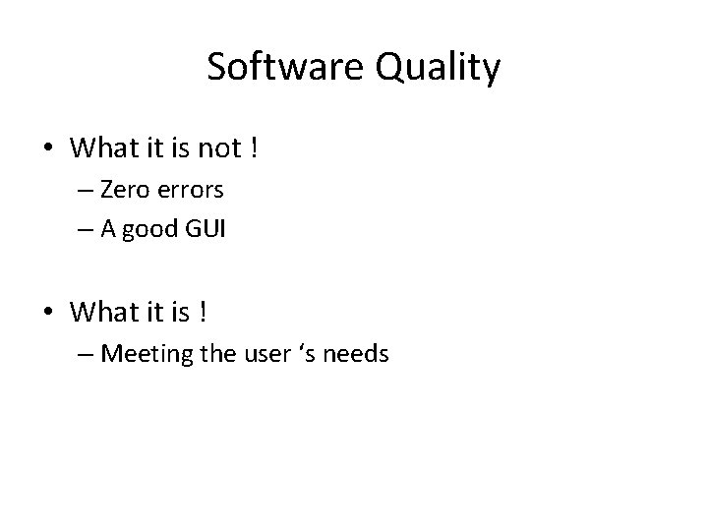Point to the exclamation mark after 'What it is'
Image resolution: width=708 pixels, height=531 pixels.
[203, 312]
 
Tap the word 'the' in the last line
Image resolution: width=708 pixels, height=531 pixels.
[214, 352]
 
